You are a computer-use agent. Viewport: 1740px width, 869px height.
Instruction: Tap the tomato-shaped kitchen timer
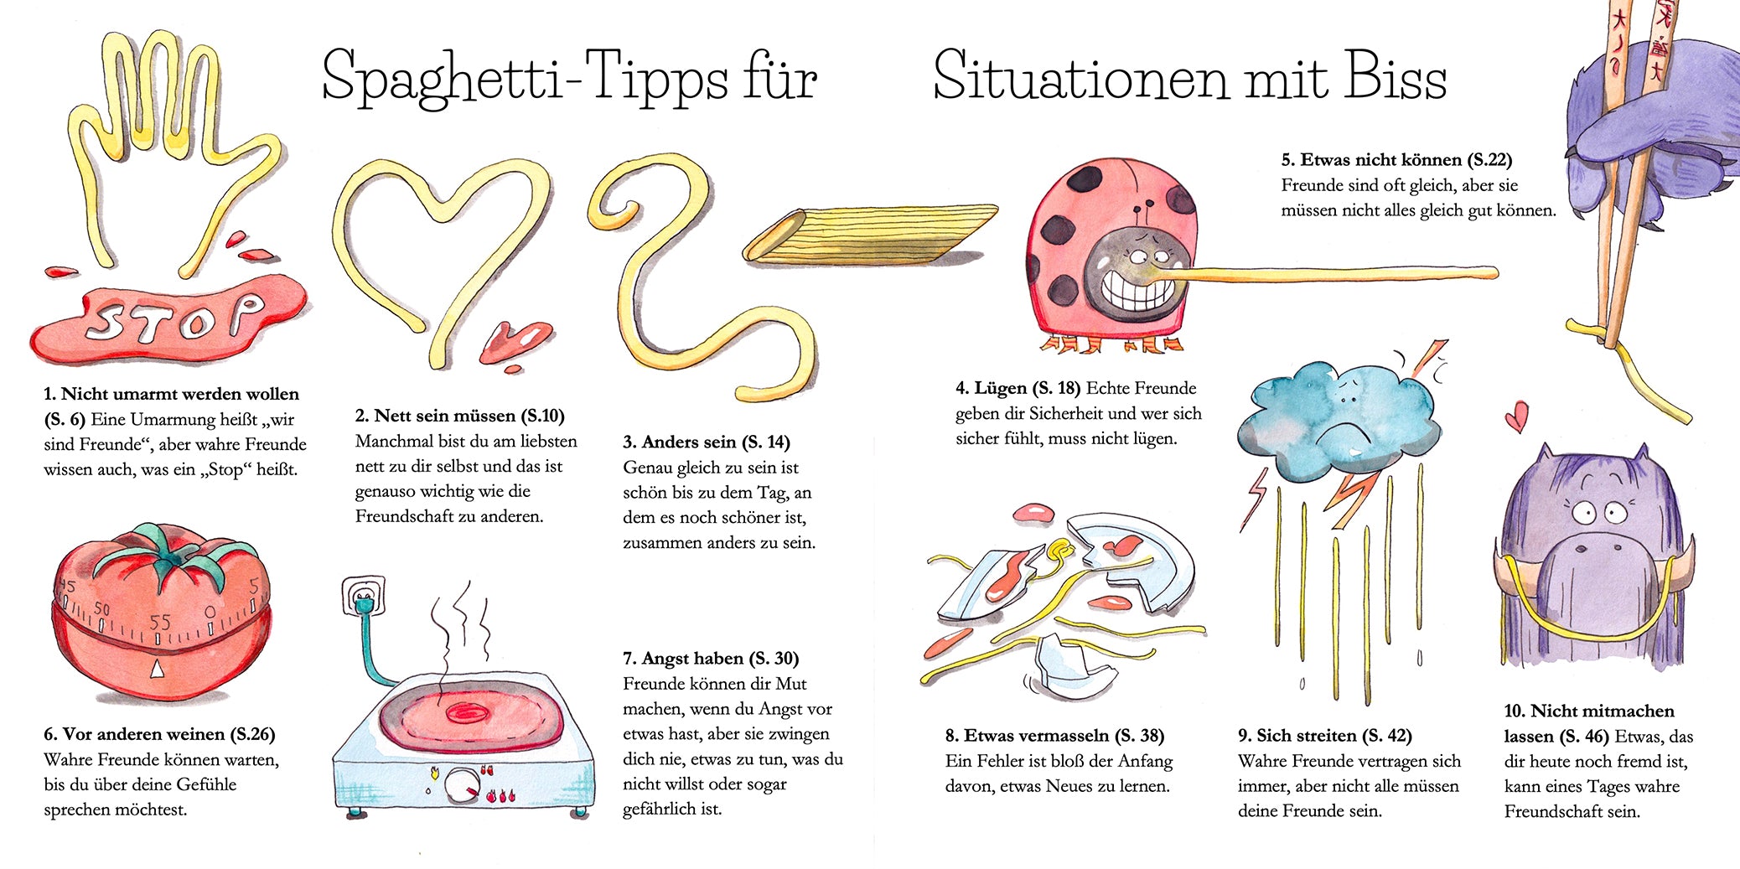(x=161, y=612)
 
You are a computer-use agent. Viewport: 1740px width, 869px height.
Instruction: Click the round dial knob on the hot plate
(x=462, y=786)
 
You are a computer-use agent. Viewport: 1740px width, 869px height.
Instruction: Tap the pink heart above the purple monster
(x=1516, y=416)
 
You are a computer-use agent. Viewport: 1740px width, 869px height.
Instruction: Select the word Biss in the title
(x=1396, y=75)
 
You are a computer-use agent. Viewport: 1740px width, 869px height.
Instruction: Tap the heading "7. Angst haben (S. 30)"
(x=711, y=659)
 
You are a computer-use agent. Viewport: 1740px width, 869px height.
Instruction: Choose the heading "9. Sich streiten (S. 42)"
(x=1325, y=736)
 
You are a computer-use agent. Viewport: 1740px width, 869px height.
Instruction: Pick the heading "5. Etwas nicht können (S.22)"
(x=1396, y=159)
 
